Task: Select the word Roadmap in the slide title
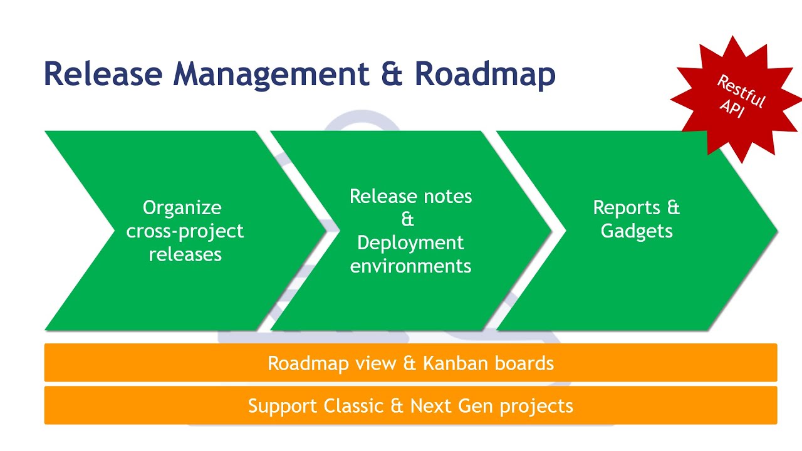pos(485,74)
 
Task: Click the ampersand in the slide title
pos(393,74)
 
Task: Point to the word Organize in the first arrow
pos(182,207)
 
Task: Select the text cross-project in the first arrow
pos(185,231)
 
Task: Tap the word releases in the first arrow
pos(185,254)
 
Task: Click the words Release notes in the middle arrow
pos(410,196)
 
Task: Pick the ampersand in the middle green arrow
pos(408,219)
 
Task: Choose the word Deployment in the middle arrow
pos(410,242)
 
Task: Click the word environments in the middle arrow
pos(410,266)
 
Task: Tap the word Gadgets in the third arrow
pos(637,231)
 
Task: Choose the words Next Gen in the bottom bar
pos(452,406)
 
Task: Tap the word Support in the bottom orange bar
pos(283,406)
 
